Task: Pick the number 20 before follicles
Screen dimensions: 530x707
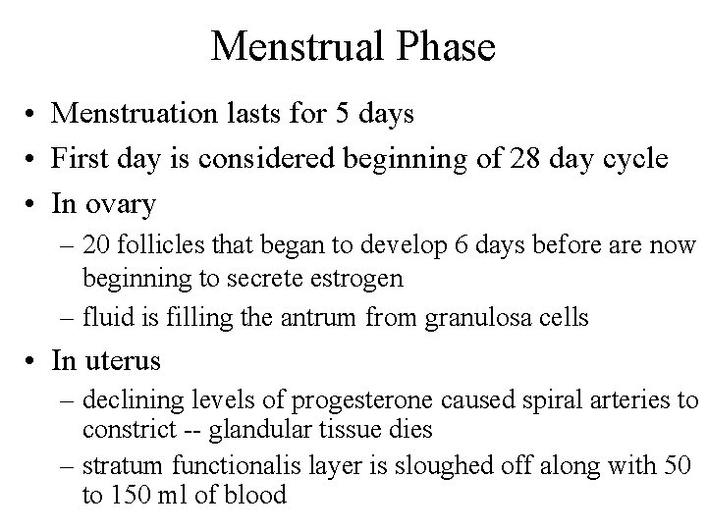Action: [x=95, y=243]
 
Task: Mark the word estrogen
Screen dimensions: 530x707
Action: [x=354, y=278]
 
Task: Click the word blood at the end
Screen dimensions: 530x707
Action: [x=255, y=495]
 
